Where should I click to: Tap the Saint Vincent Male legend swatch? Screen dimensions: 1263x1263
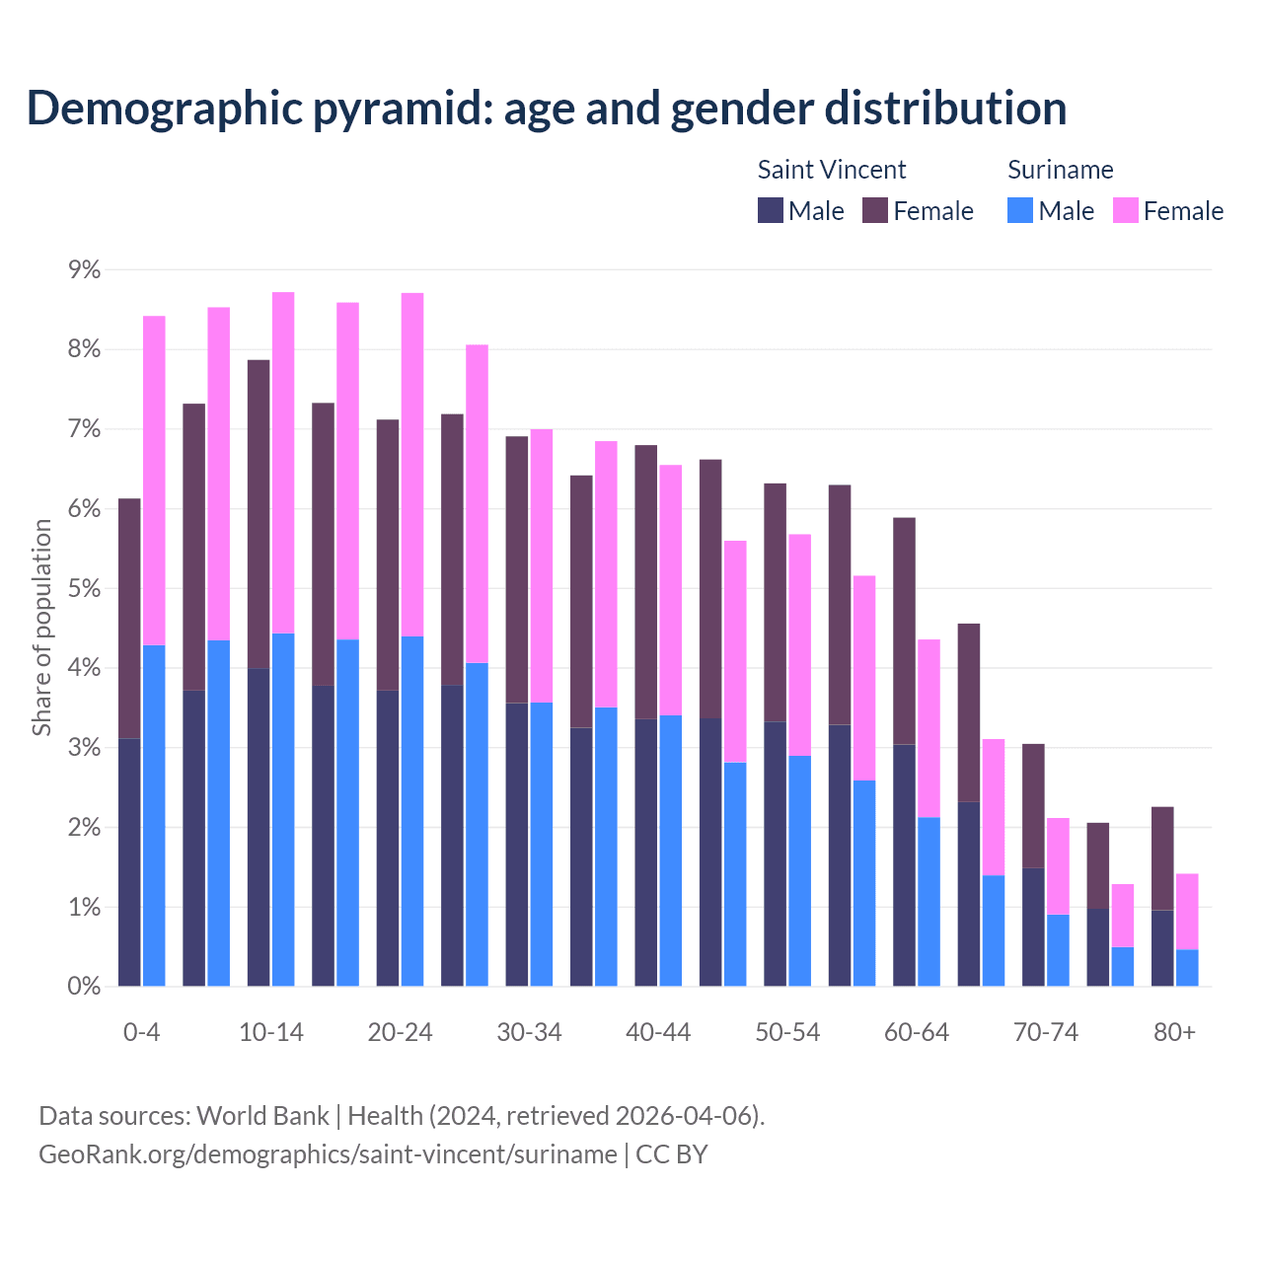[770, 210]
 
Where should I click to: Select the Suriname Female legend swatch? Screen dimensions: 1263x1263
[1125, 210]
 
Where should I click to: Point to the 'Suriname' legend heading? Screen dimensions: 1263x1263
[1060, 170]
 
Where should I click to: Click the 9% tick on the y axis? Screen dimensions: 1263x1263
[78, 270]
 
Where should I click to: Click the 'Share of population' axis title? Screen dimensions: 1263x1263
[42, 628]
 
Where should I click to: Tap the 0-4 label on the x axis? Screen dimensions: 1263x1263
[141, 1032]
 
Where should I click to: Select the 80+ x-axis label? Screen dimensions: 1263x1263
[1174, 1032]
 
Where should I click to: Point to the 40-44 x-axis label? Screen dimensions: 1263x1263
[658, 1032]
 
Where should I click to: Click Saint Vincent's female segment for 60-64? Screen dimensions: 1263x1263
[904, 631]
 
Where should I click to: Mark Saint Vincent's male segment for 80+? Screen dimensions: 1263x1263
[1162, 948]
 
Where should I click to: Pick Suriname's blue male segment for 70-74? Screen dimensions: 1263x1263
[1058, 950]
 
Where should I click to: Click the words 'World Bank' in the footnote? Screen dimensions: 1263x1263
[262, 1116]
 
